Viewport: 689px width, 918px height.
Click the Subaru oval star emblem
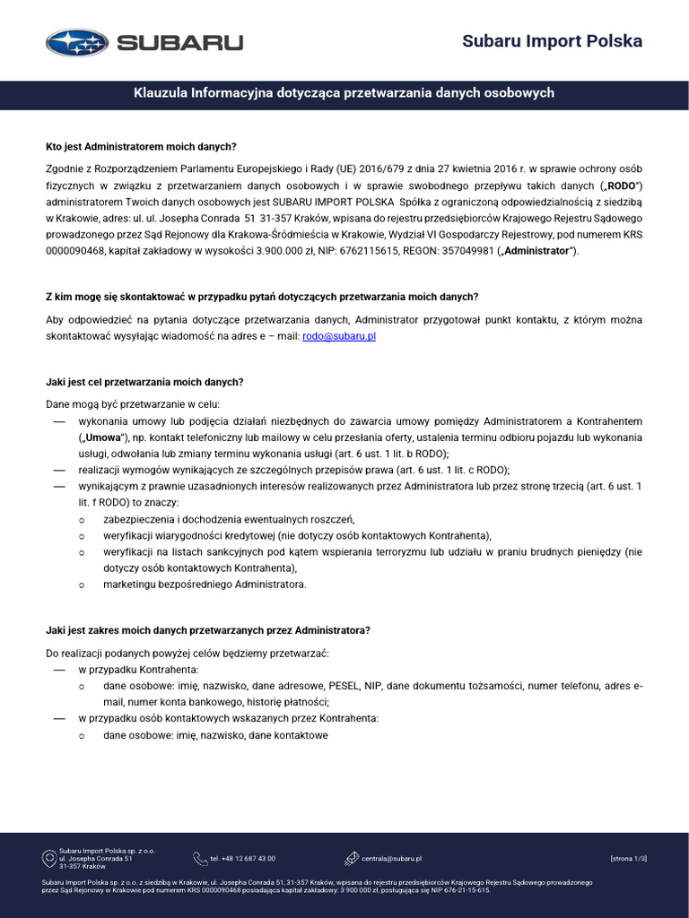point(76,42)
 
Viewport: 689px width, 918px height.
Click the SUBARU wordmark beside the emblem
point(179,42)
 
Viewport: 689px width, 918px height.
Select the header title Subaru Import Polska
point(552,41)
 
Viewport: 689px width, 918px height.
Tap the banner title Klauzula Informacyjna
point(344,93)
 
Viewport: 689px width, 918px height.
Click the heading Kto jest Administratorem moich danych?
point(141,147)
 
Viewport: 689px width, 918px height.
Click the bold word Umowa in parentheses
point(103,437)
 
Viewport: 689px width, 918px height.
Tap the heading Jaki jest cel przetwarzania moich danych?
point(144,382)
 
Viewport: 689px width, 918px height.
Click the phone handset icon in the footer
point(199,859)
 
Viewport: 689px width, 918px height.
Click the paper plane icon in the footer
point(352,859)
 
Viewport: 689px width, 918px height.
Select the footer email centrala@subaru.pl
point(392,859)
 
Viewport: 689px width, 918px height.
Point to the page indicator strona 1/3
point(628,859)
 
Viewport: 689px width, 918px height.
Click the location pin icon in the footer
point(49,859)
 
